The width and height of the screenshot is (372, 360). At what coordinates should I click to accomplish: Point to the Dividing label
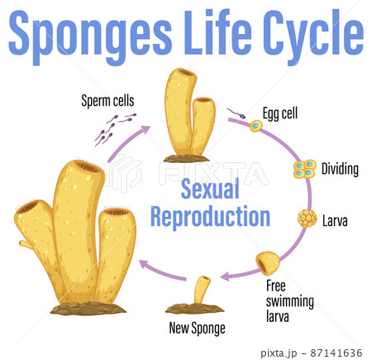coord(340,170)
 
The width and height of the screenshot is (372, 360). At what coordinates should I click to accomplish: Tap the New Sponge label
coord(197,328)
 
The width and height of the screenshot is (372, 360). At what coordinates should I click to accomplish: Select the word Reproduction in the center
coord(210,217)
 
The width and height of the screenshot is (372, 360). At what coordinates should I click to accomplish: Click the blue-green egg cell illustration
coord(256,127)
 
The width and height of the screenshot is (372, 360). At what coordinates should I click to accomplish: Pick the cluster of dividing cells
coord(305,170)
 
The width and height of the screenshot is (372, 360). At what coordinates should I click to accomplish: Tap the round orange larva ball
coord(308,219)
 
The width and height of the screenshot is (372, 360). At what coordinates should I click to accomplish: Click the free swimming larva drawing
coord(268,263)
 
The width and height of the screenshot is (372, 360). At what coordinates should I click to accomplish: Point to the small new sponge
coord(201,293)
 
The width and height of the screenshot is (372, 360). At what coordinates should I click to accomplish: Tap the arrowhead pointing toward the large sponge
coord(144,264)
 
